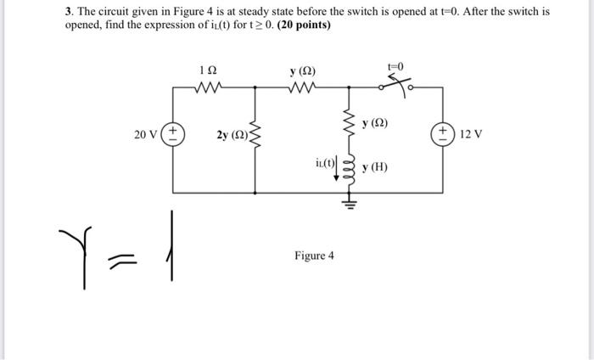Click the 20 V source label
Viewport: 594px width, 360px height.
146,133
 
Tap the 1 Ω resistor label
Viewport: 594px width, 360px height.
207,70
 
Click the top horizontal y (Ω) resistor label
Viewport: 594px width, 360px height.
302,70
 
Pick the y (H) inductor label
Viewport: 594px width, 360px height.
374,167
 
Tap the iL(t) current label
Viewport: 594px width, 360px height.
325,162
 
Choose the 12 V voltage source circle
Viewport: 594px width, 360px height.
442,134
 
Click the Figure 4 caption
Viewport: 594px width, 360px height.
314,255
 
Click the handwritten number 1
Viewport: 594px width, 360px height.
172,246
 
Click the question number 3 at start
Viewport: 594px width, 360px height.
69,12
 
